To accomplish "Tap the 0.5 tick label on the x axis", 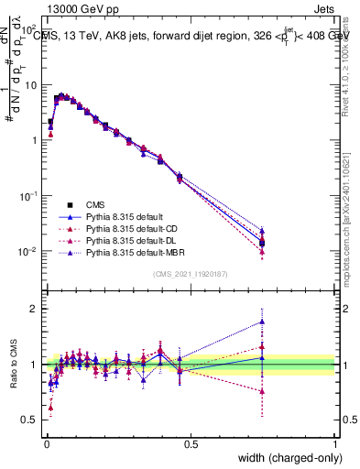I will pos(191,444).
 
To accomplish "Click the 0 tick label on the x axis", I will pos(46,444).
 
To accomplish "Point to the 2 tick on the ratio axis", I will pos(35,309).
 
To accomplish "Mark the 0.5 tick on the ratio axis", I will pos(32,420).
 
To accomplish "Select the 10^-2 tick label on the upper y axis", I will pos(27,252).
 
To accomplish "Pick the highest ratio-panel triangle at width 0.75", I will pos(262,322).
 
